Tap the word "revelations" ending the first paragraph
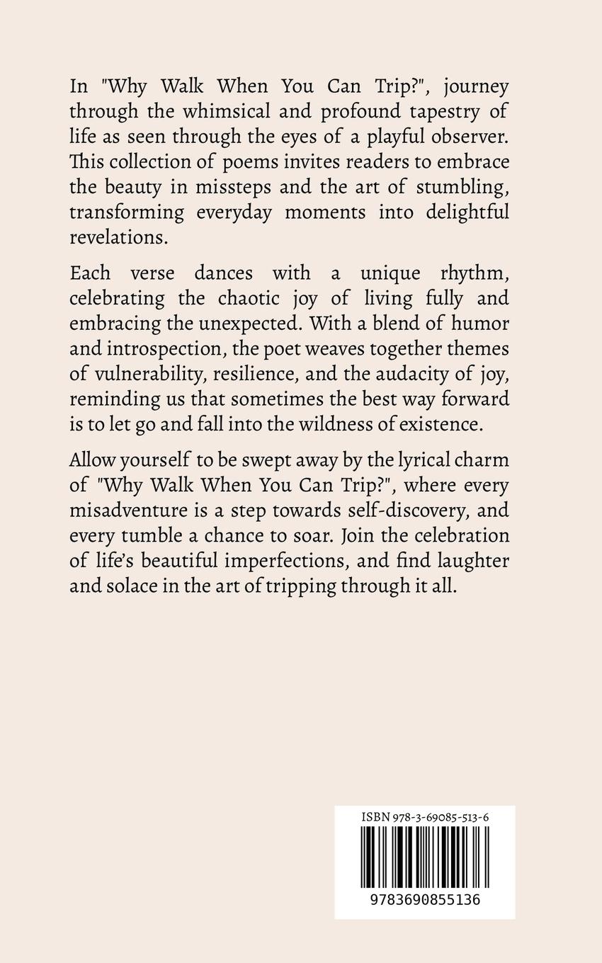[x=118, y=237]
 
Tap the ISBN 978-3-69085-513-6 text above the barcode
[x=424, y=816]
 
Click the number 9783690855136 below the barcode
[x=424, y=900]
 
